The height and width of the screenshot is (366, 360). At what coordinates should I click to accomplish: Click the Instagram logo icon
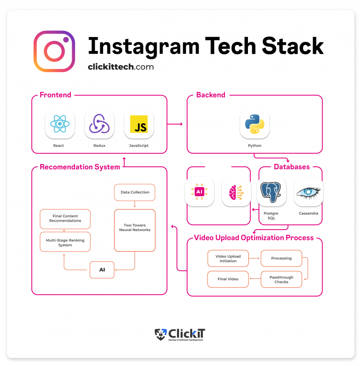tap(54, 51)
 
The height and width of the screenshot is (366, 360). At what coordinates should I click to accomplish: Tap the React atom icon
tap(60, 124)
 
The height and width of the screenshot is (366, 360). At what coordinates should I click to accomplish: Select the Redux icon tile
tap(99, 124)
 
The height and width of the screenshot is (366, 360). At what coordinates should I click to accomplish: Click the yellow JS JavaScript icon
tap(139, 124)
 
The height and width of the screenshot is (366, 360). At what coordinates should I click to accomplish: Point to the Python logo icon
tap(255, 124)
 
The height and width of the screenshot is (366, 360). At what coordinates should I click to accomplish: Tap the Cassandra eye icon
tap(308, 192)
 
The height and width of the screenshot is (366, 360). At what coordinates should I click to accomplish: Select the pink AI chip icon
tap(199, 192)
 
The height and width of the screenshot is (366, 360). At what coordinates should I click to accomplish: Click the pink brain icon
tap(236, 192)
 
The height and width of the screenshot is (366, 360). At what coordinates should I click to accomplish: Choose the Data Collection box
tap(135, 192)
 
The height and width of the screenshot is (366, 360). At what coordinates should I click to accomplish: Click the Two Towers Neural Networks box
tap(135, 228)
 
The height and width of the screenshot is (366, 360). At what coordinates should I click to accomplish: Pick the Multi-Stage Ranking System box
tap(65, 242)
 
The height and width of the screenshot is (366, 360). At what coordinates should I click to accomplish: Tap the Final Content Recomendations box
tap(65, 219)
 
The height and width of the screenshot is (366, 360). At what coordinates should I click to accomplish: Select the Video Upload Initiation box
tap(228, 258)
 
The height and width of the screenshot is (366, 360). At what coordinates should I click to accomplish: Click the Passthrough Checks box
tap(281, 279)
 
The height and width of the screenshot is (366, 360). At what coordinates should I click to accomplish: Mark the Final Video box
tap(228, 279)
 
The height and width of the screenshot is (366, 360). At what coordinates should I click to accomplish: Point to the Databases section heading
tap(292, 167)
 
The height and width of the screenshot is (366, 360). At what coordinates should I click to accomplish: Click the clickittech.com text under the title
tap(120, 67)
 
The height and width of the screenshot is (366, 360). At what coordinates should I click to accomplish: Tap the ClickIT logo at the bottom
tap(180, 335)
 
